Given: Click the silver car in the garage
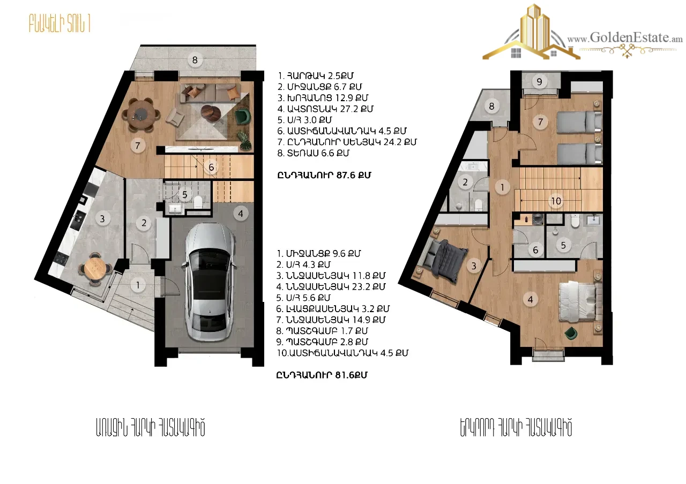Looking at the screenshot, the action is (x=210, y=282).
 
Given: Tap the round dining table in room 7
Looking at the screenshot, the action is (x=140, y=115).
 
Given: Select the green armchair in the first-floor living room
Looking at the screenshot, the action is (x=242, y=116).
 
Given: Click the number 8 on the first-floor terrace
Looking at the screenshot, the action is (x=195, y=60).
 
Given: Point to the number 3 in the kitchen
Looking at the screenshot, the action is (x=102, y=218).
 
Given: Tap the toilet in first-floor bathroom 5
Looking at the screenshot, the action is (x=198, y=202).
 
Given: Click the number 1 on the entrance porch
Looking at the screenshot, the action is (x=138, y=285).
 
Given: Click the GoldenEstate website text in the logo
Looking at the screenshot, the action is (x=625, y=38).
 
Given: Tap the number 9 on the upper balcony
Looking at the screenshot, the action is (x=539, y=82).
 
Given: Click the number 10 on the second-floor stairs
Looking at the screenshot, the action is (x=556, y=201).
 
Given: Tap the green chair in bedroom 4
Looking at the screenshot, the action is (x=571, y=333).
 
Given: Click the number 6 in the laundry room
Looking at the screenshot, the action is (x=535, y=250).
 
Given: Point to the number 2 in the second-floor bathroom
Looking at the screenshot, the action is (x=465, y=183).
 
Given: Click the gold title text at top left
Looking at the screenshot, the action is (x=59, y=23).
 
